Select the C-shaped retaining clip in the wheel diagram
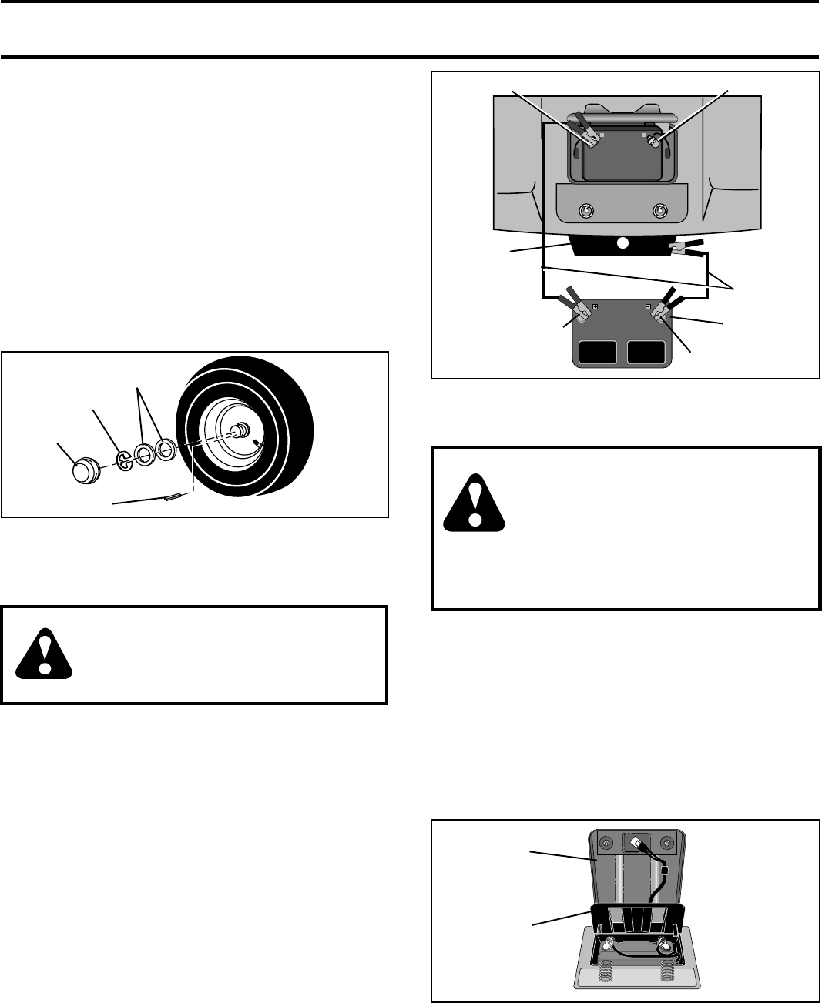coord(124,460)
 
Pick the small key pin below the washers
coord(174,497)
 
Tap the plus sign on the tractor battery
coord(602,134)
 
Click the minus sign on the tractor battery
coord(643,134)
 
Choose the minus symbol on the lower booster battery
coord(648,306)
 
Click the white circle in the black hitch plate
coord(623,243)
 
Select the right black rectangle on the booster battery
coord(646,352)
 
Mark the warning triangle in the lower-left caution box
coord(45,654)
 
